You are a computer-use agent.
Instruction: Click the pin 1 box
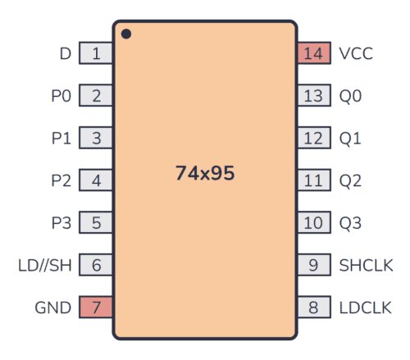[x=96, y=54]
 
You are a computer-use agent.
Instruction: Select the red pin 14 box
[x=313, y=54]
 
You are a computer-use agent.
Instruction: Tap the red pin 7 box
[x=96, y=308]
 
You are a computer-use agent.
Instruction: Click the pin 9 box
[x=313, y=265]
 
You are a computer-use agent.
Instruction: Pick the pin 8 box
[x=313, y=308]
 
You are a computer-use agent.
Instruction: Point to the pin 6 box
[x=96, y=265]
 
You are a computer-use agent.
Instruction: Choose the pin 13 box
[x=313, y=96]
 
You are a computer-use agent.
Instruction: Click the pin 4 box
[x=96, y=180]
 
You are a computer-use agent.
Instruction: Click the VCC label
[x=356, y=54]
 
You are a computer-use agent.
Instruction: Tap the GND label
[x=52, y=308]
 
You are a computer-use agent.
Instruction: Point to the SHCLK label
[x=366, y=265]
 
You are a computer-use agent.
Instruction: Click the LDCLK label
[x=366, y=308]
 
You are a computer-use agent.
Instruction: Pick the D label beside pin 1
[x=66, y=54]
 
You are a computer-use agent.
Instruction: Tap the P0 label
[x=61, y=96]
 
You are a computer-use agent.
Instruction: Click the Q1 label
[x=350, y=139]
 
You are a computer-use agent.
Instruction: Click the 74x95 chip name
[x=204, y=174]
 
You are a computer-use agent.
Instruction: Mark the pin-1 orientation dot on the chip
[x=126, y=34]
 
